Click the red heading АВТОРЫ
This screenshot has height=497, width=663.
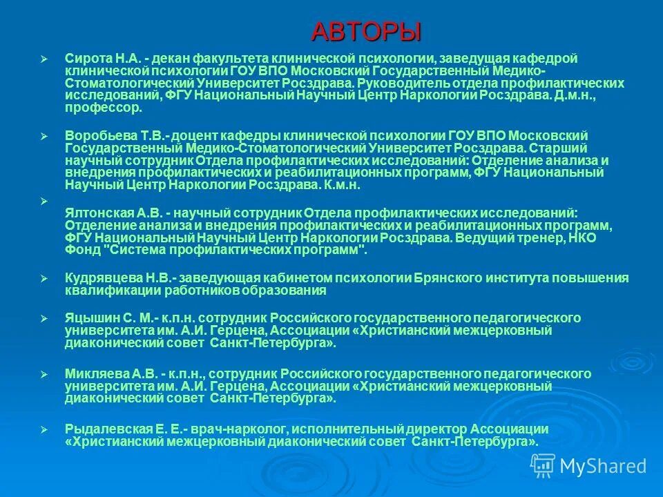(x=365, y=32)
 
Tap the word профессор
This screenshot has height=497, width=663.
(x=104, y=108)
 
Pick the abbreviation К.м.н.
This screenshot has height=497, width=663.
(x=342, y=186)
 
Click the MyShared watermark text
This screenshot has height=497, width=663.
(x=603, y=466)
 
